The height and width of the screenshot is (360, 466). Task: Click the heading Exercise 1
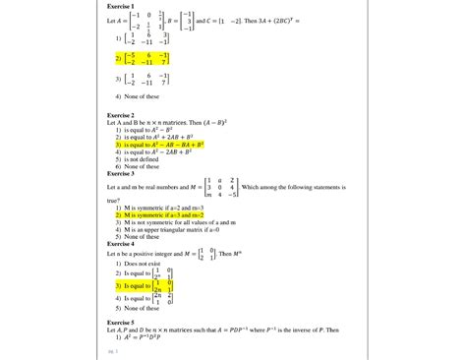tap(120, 6)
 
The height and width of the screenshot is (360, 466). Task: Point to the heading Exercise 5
tap(120, 322)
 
